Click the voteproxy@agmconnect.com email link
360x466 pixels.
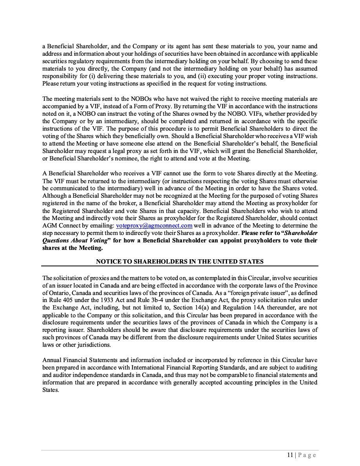[x=154, y=226]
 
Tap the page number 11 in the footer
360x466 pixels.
[x=290, y=455]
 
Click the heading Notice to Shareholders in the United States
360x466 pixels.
[x=180, y=262]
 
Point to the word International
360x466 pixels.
[x=150, y=367]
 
